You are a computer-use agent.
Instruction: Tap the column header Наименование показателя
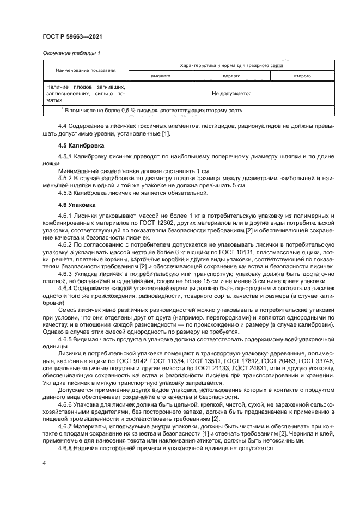tap(85, 70)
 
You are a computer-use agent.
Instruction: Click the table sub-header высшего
tap(161, 76)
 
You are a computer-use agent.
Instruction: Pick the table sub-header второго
tap(302, 76)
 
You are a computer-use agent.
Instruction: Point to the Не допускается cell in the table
tap(231, 93)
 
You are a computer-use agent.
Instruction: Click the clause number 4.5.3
tap(65, 193)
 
